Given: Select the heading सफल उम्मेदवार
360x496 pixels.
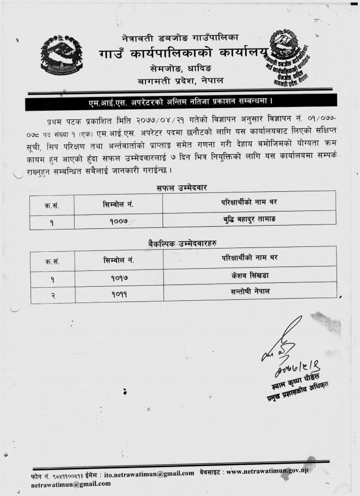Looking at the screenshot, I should click(180, 188).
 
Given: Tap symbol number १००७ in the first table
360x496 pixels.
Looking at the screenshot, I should click(118, 222).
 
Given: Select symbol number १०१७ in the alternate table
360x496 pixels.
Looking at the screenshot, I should click(118, 277).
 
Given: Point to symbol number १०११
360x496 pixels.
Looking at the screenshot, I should click(118, 294).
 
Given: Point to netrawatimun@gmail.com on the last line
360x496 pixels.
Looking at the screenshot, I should click(70, 483).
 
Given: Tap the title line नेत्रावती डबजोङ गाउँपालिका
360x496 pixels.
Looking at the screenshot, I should click(180, 38).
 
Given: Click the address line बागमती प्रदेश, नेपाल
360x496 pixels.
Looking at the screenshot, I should click(180, 81).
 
